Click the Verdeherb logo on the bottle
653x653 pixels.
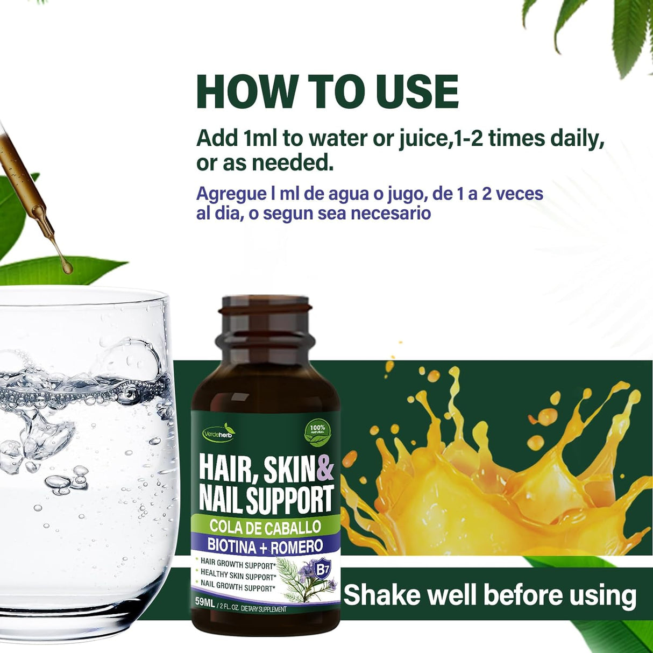(x=219, y=432)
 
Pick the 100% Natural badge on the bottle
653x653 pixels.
(x=317, y=433)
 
